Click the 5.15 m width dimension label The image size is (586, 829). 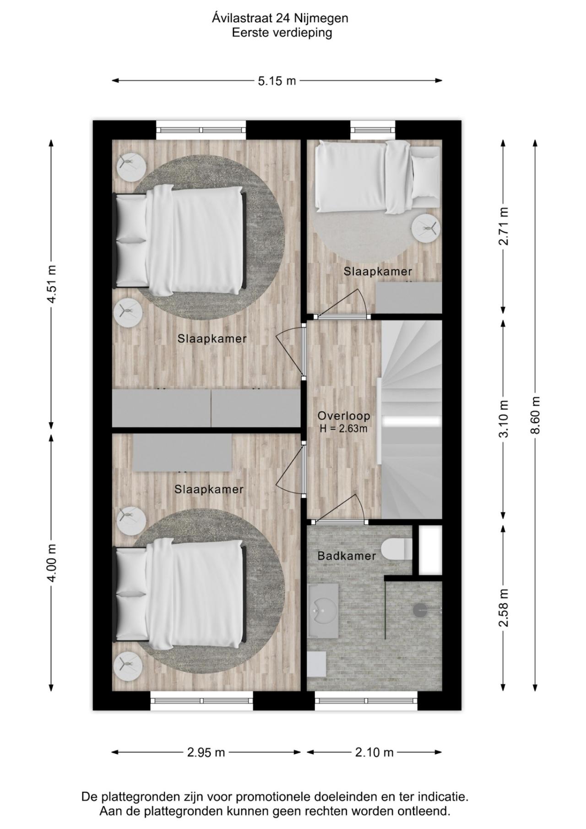point(277,81)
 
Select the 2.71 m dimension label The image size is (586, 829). point(504,226)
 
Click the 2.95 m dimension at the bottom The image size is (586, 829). point(206,752)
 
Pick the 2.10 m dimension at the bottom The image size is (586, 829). point(374,752)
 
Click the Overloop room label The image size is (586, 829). point(344,416)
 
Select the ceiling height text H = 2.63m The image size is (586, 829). point(344,429)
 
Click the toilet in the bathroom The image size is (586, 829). point(396,549)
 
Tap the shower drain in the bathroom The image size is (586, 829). point(420,609)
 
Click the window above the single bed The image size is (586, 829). point(373,130)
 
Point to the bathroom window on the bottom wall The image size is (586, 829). point(366,701)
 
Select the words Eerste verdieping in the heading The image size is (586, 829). point(282,33)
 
